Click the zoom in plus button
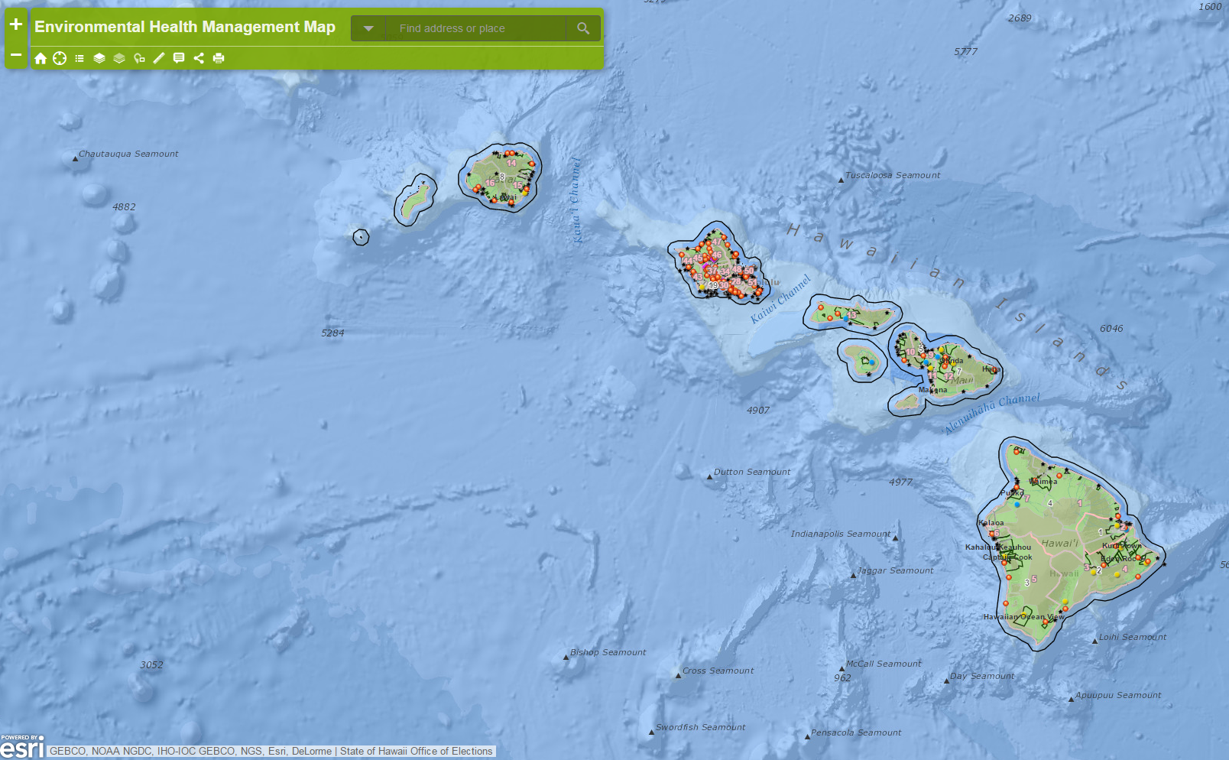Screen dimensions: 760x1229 15,24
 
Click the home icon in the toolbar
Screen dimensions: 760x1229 41,58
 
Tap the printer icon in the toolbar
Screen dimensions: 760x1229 219,58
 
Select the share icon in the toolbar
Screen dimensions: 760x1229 199,58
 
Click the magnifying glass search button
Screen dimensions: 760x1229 583,28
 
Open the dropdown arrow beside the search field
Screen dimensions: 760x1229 368,28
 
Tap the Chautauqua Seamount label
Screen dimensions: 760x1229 128,154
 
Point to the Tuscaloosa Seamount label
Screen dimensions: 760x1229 893,175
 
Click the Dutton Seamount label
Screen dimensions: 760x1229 752,472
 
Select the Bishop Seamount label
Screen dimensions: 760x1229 608,652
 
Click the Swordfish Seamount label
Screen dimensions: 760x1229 700,727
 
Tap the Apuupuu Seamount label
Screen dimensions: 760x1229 1118,695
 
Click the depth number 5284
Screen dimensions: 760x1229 332,333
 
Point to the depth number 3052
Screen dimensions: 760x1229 151,664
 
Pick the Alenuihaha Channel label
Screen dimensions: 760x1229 992,413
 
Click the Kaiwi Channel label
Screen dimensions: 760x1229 780,298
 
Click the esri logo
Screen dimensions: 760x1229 21,747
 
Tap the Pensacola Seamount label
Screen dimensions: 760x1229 856,732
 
